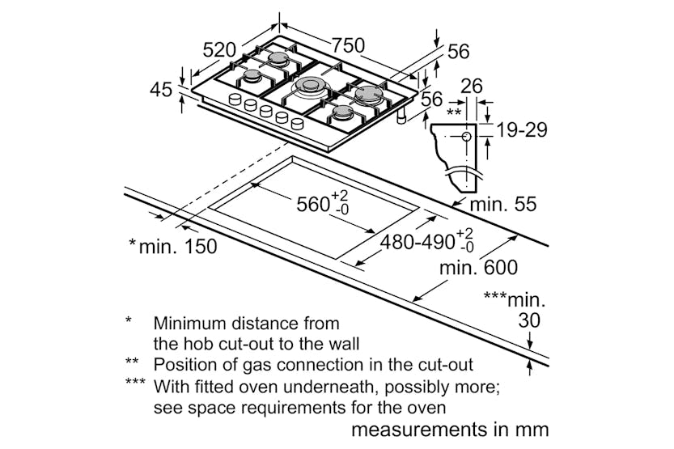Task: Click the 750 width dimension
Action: [x=348, y=44]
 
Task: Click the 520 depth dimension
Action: [x=219, y=50]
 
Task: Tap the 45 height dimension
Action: [x=161, y=90]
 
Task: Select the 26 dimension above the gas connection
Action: [x=472, y=87]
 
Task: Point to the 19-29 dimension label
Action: [x=522, y=129]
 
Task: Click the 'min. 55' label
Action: [x=503, y=204]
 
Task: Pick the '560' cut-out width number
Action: [x=313, y=205]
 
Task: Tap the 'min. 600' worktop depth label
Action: [x=478, y=268]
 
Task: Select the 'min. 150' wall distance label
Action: [x=178, y=247]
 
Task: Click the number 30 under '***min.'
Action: [x=529, y=320]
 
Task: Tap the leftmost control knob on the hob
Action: [x=235, y=100]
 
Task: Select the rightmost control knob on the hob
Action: [x=298, y=124]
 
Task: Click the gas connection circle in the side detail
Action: [x=466, y=137]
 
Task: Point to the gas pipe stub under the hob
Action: [x=402, y=116]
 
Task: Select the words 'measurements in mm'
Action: [x=450, y=430]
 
